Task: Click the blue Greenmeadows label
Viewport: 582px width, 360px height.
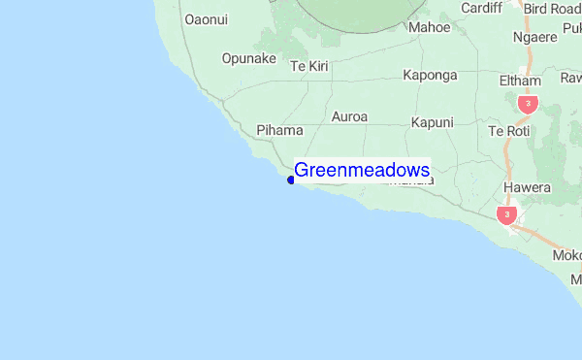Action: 362,171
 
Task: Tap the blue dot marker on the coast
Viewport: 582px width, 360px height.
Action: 291,180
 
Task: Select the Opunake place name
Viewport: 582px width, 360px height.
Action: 249,58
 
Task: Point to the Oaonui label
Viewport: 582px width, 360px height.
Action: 206,18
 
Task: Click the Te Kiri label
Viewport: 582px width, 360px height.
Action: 311,66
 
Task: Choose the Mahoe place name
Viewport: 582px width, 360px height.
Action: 430,27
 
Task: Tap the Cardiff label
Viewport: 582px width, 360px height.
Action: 482,8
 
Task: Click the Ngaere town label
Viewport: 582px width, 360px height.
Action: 535,37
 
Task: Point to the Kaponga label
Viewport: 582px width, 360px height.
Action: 430,75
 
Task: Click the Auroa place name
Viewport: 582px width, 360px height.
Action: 350,116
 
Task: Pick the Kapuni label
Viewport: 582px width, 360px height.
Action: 433,122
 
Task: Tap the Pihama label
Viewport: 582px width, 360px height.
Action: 280,130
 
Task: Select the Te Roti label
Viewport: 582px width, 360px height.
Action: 510,130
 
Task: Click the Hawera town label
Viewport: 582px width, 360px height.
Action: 527,187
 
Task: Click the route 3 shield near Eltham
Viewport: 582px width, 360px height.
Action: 528,103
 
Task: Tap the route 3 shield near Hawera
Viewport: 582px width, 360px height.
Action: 506,213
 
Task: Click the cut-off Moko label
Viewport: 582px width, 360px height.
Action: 566,255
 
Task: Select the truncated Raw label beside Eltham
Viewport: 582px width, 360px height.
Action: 570,78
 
